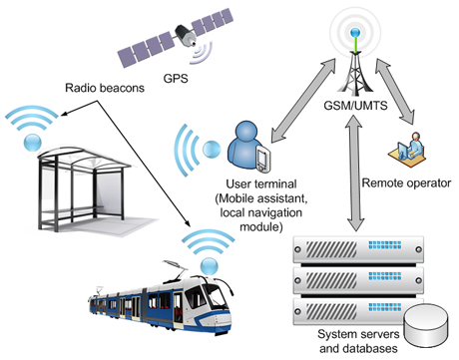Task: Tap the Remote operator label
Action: pyautogui.click(x=405, y=182)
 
